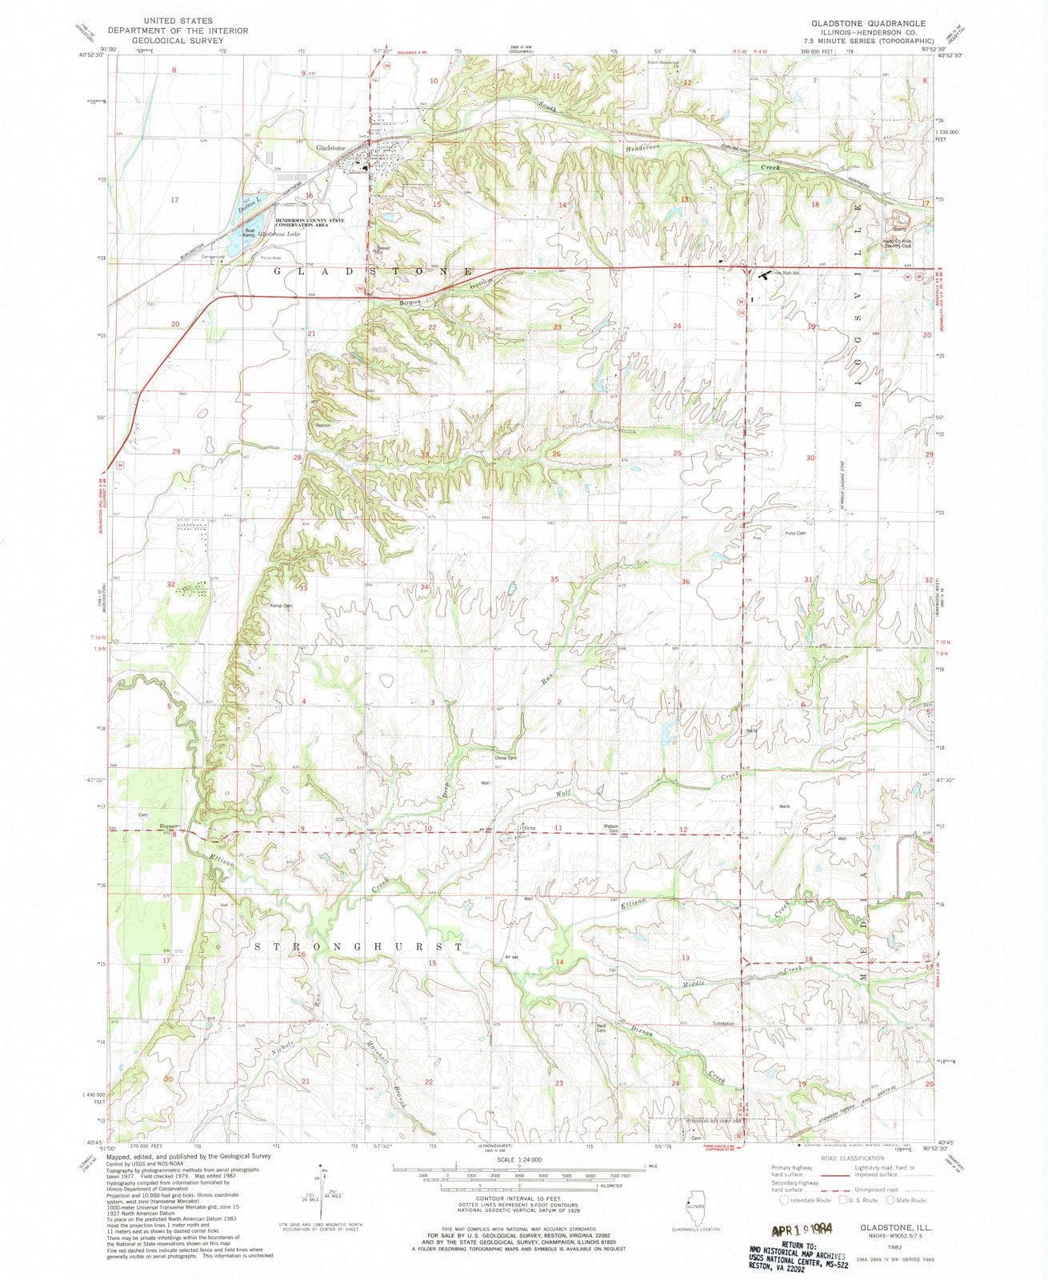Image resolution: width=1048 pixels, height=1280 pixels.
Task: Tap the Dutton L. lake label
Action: [250, 205]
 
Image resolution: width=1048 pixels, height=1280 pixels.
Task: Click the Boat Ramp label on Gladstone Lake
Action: [249, 233]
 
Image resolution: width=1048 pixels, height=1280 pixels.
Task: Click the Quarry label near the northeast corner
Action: [902, 228]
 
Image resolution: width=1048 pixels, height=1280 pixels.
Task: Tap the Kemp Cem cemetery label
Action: [281, 606]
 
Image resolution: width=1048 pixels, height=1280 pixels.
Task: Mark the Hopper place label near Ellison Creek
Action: [167, 826]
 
